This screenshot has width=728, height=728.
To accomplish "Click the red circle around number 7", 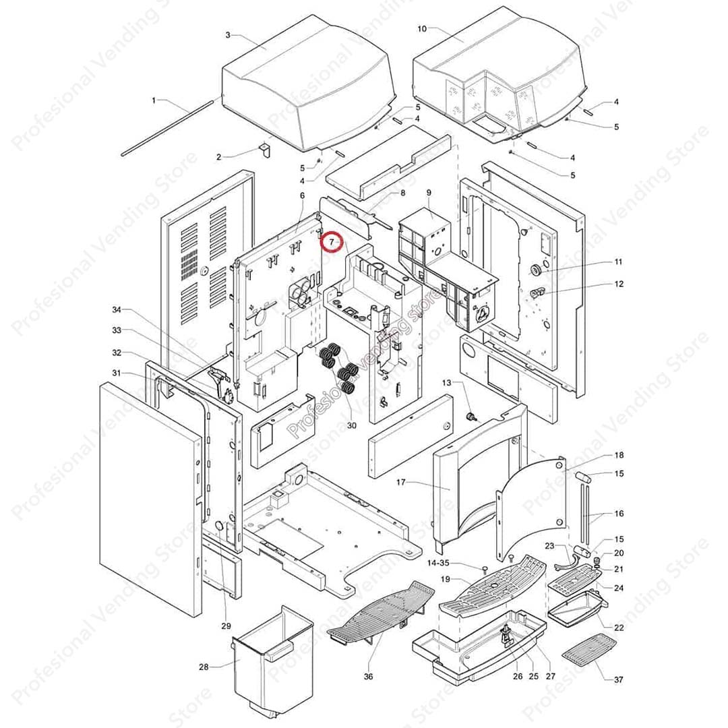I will click(x=332, y=241).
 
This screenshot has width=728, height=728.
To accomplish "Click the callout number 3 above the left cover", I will click(x=228, y=34).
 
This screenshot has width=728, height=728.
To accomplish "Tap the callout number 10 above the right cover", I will click(x=422, y=29).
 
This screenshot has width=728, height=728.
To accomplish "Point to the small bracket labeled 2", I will click(x=265, y=149).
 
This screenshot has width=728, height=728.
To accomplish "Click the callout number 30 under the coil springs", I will click(x=351, y=425).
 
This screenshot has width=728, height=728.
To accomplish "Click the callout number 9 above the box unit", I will click(x=428, y=193).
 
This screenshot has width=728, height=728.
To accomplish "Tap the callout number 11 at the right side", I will click(x=618, y=262).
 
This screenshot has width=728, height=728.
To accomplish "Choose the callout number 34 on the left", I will click(x=117, y=309).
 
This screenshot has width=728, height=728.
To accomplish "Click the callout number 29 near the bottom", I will click(x=226, y=626).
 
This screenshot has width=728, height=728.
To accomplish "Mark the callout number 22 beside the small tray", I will click(x=619, y=628).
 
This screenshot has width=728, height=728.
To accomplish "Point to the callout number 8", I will click(x=402, y=193).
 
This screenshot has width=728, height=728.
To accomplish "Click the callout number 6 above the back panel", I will click(x=303, y=195).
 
